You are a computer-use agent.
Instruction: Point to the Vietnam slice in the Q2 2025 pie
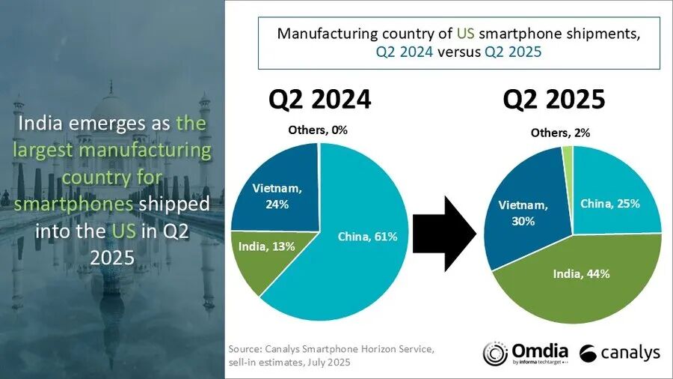(523, 217)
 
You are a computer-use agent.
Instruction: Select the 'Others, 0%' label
(318, 130)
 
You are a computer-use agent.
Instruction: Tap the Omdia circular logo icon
(496, 354)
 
